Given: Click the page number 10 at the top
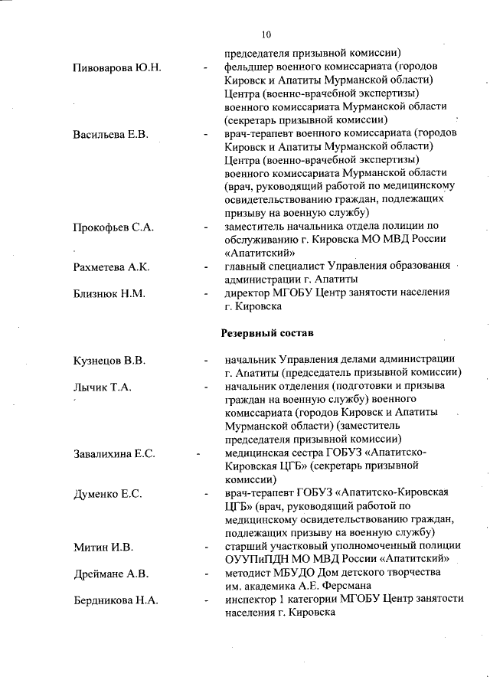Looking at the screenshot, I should pyautogui.click(x=266, y=34).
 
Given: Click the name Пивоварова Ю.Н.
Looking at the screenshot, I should pyautogui.click(x=116, y=68).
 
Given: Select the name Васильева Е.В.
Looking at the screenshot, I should pyautogui.click(x=110, y=135).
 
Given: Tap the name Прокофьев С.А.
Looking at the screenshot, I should pyautogui.click(x=113, y=227).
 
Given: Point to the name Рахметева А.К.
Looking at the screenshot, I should pyautogui.click(x=111, y=266).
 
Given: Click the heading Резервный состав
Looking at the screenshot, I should pyautogui.click(x=266, y=334).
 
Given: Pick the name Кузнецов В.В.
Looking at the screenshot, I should pyautogui.click(x=109, y=360).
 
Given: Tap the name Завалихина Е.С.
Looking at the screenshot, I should pyautogui.click(x=114, y=453).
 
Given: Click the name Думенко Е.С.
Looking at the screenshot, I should pyautogui.click(x=107, y=493).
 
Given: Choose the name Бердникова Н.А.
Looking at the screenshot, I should pyautogui.click(x=116, y=600).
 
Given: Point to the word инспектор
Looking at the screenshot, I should pyautogui.click(x=252, y=600).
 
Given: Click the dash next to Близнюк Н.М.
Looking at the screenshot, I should pyautogui.click(x=205, y=294).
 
